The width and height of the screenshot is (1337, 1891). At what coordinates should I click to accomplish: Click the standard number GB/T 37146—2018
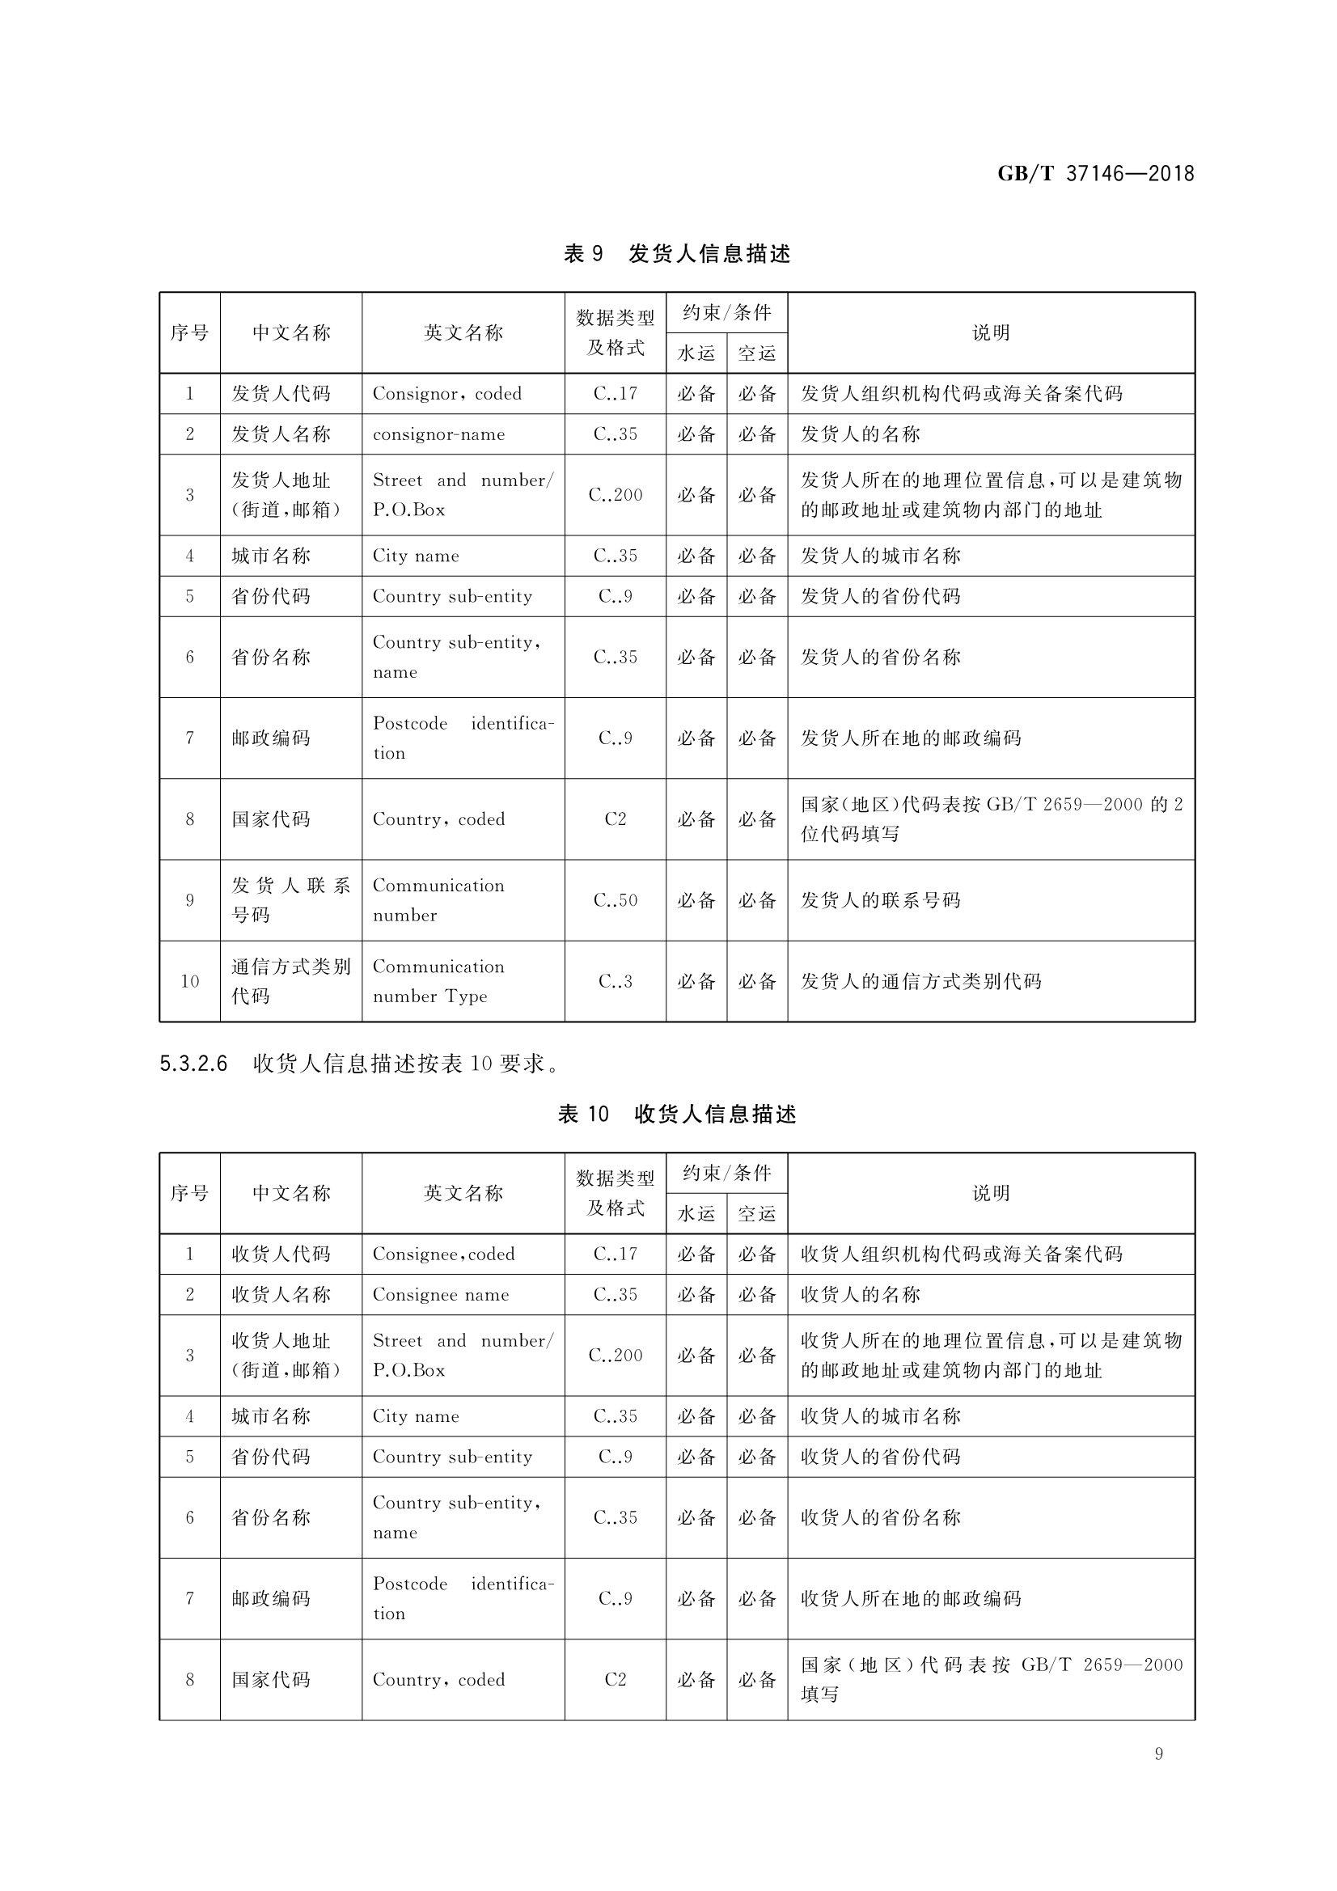pos(1095,174)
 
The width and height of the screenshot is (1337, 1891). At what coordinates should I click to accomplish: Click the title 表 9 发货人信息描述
pos(676,254)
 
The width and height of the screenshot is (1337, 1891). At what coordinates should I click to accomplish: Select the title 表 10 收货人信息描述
pos(676,1115)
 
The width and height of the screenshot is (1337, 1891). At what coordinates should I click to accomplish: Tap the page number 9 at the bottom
pos(1158,1754)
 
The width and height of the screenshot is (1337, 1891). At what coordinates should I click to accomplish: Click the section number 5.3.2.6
pos(193,1064)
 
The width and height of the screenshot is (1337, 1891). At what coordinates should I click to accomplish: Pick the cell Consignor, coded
pos(446,394)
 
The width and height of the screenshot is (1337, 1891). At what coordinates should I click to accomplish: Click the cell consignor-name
pos(438,434)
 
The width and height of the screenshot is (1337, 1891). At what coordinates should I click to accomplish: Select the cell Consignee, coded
pos(443,1254)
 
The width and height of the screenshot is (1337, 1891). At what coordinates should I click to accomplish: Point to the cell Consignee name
pos(440,1295)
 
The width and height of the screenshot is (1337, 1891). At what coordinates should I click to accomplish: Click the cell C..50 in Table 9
pos(615,900)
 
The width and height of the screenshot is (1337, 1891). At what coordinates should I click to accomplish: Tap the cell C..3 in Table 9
pos(615,981)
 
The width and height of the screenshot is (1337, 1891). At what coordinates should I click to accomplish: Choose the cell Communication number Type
pos(438,981)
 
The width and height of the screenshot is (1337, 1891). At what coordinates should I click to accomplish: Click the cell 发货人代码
pos(280,394)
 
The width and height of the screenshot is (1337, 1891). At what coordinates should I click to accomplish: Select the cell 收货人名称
pos(280,1295)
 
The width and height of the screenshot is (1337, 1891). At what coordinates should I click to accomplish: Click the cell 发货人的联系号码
pos(880,900)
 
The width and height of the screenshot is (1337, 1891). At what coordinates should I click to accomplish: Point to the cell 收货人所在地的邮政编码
pos(910,1599)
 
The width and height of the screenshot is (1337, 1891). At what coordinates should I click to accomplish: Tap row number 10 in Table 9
pos(189,981)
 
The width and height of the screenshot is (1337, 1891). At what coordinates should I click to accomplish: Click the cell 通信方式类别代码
pos(290,981)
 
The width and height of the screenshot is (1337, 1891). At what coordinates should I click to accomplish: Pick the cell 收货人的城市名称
pos(880,1416)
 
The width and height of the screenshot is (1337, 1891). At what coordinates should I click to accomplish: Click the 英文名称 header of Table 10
pos(463,1194)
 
